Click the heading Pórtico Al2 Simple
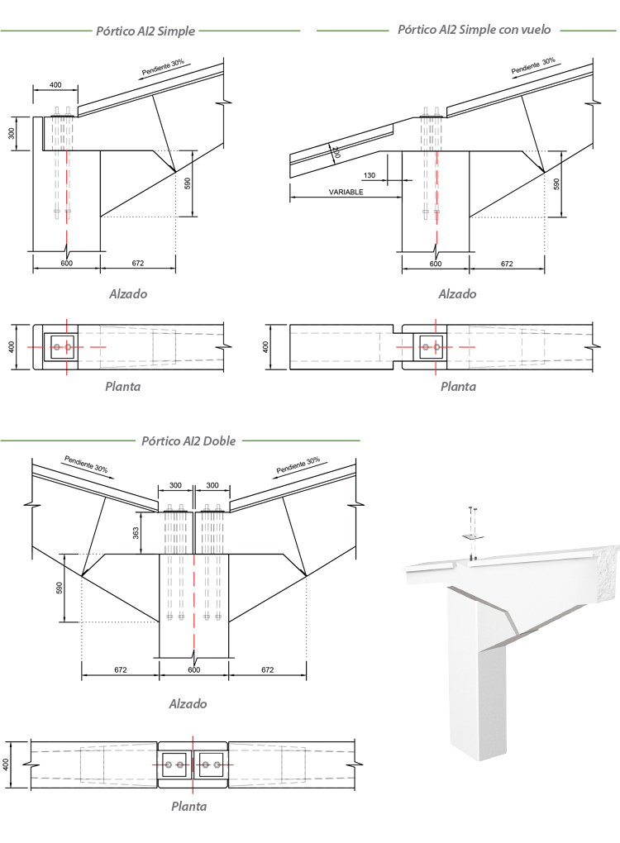coord(145,31)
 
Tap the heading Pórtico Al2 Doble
coord(188,441)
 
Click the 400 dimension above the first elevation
coord(55,85)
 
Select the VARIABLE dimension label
coord(346,192)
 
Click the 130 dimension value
coord(369,175)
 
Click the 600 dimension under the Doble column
coord(193,670)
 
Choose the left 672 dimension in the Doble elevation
coord(120,670)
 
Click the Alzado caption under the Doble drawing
coord(188,704)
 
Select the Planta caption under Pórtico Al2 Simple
coord(122,386)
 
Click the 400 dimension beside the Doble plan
coord(7,764)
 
